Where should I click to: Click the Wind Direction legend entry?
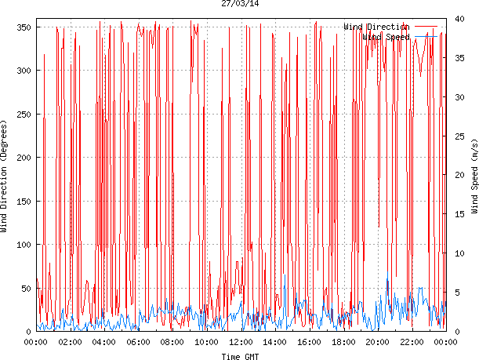[x=376, y=27]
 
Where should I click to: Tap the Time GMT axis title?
[x=240, y=355]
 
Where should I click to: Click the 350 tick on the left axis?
[x=24, y=27]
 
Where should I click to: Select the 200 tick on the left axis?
[x=24, y=158]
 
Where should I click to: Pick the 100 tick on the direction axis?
[x=24, y=245]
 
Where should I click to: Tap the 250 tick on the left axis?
[x=24, y=115]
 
